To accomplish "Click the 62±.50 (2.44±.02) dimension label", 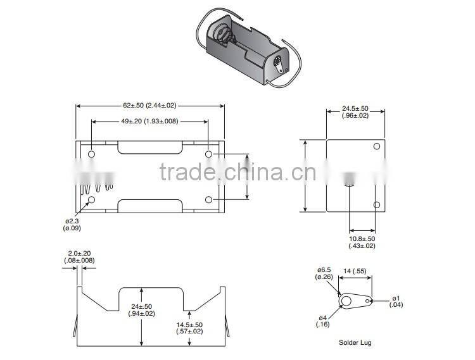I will click(150, 104).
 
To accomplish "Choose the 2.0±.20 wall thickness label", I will click(79, 257).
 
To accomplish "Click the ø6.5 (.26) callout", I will click(324, 273).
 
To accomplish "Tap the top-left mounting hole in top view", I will click(91, 154).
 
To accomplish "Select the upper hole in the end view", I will click(376, 147).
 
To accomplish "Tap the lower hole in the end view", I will click(376, 204).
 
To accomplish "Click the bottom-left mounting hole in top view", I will click(91, 200).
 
